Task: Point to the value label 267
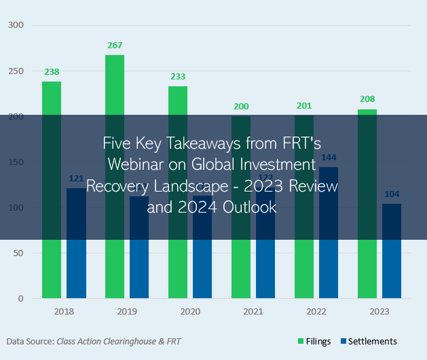[115, 46]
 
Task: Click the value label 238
[52, 71]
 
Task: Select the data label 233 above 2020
[178, 77]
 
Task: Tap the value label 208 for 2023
[367, 99]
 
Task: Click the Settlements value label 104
[392, 194]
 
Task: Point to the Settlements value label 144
[329, 158]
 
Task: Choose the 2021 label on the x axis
[253, 311]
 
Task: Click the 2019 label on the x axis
[127, 311]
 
